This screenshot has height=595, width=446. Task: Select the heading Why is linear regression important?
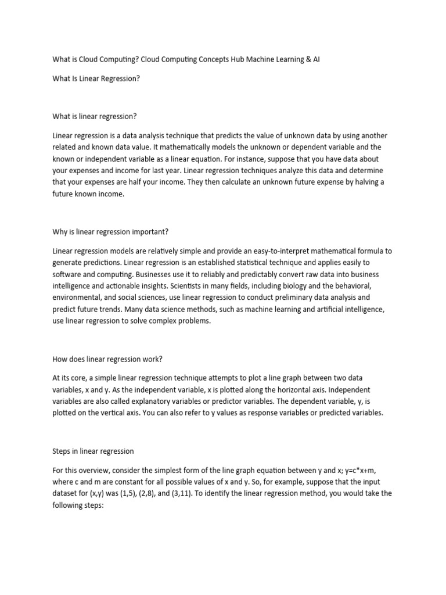click(110, 232)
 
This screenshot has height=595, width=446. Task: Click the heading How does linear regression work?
click(110, 358)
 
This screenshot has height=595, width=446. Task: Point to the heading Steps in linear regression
click(93, 451)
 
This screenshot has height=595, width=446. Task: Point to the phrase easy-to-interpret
click(279, 252)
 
